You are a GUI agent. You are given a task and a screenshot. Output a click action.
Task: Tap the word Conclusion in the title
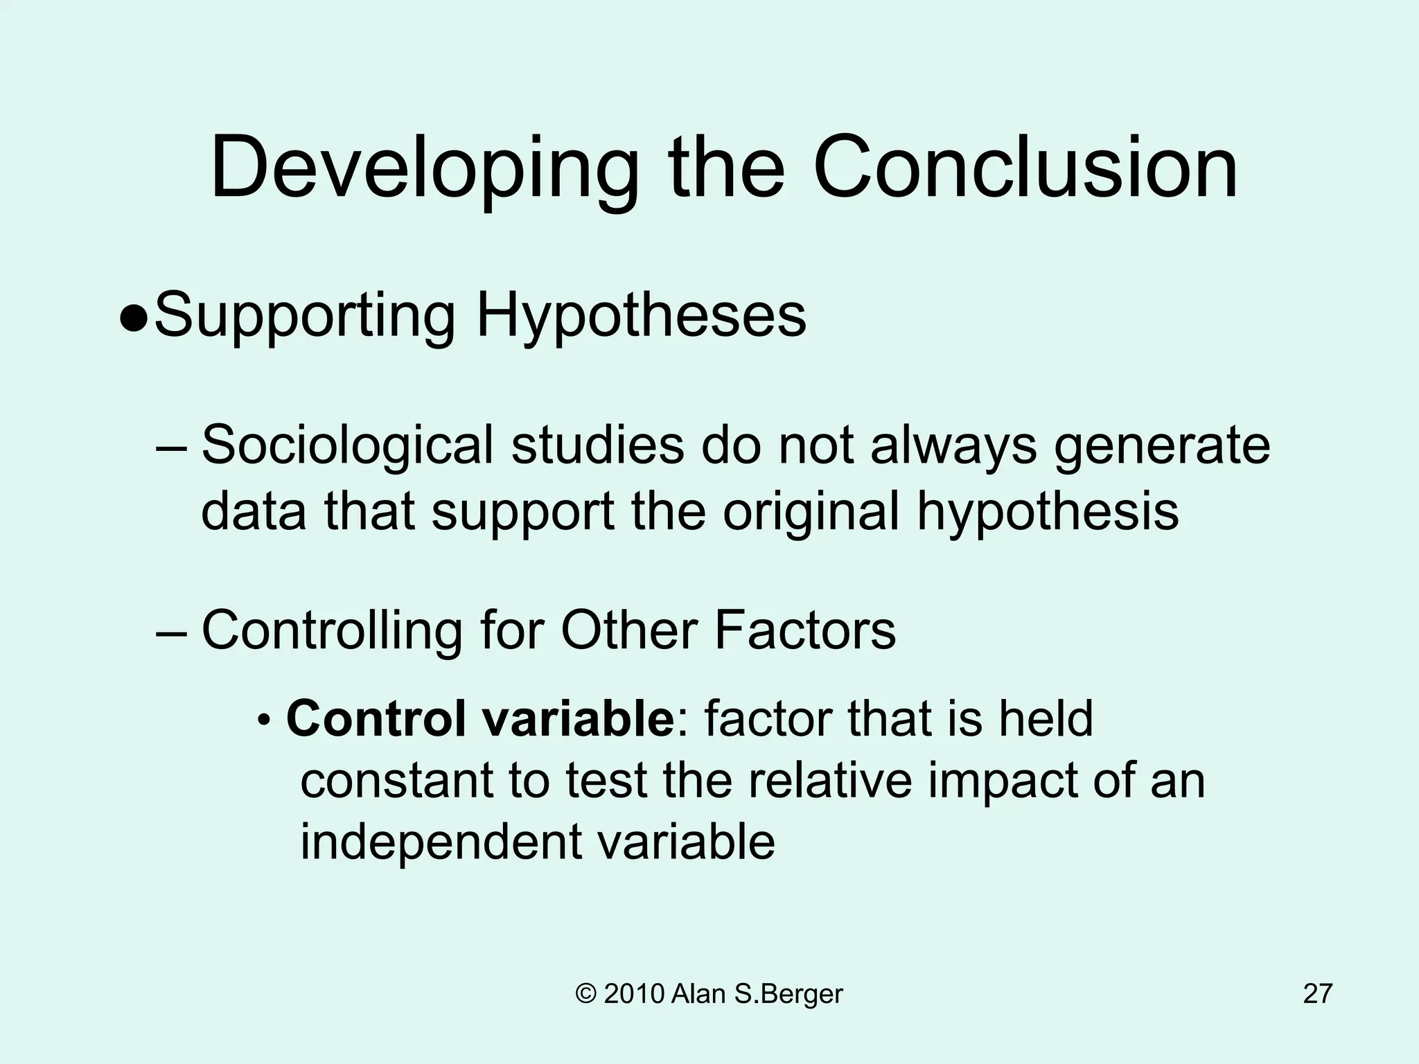pos(1025,168)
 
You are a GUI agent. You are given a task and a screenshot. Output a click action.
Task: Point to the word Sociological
pos(347,447)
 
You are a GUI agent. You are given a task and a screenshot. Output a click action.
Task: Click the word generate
pos(1162,447)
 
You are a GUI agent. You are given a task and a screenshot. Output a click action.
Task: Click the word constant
pos(397,780)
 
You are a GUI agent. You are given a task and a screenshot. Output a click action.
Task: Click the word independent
pos(441,842)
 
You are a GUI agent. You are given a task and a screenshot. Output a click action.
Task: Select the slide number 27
pos(1317,994)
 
